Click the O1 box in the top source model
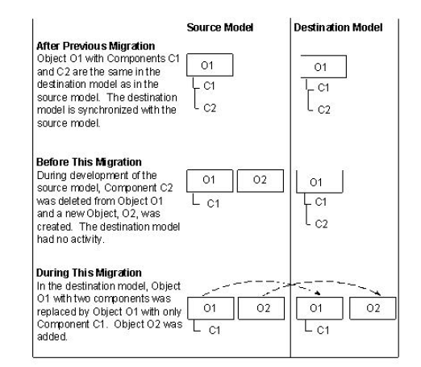(210, 64)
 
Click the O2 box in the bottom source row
(260, 309)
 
